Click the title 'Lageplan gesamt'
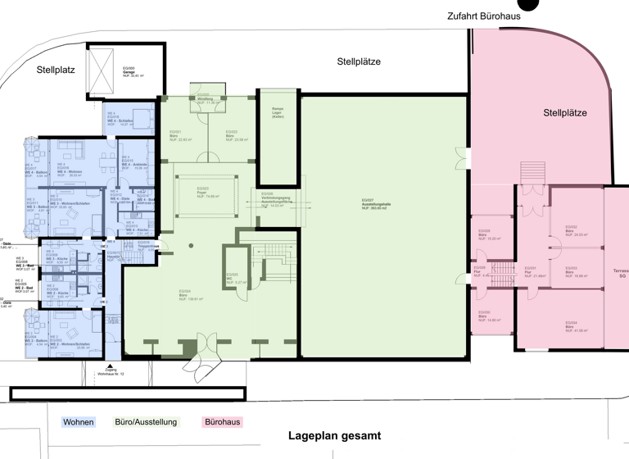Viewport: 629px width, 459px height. [x=334, y=436]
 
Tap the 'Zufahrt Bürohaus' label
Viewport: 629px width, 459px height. [x=483, y=16]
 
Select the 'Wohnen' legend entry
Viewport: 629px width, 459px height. [x=79, y=422]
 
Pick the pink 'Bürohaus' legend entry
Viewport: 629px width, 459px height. [x=221, y=422]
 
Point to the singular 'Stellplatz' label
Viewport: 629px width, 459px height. [x=56, y=70]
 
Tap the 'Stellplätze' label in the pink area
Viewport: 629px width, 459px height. [x=565, y=113]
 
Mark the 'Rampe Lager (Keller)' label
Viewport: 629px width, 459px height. [x=272, y=113]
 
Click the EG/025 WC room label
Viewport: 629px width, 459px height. [x=233, y=278]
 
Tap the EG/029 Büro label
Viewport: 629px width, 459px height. [x=483, y=234]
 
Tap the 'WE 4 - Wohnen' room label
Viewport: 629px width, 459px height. [x=69, y=173]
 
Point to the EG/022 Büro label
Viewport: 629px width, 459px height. [x=236, y=135]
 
